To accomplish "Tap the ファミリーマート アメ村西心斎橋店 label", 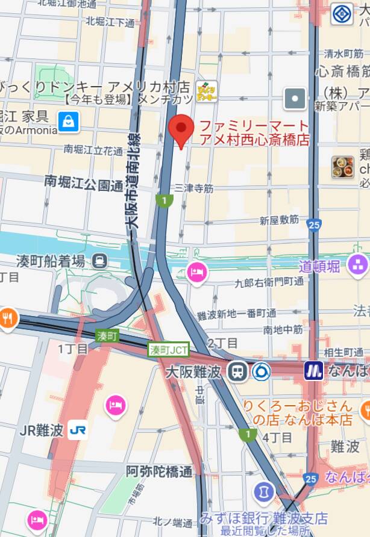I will point(254,133).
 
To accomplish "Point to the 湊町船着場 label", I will point(51,260).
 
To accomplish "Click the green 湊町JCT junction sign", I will point(169,349).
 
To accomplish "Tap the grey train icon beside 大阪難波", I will point(238,370).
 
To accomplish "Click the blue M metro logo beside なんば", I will point(313,370).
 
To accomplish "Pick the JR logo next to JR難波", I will point(77,430).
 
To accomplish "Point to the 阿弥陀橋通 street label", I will point(159,471).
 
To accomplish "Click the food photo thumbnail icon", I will point(343,167).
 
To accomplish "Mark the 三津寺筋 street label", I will point(193,188).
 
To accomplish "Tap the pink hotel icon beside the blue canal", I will point(196,273).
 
